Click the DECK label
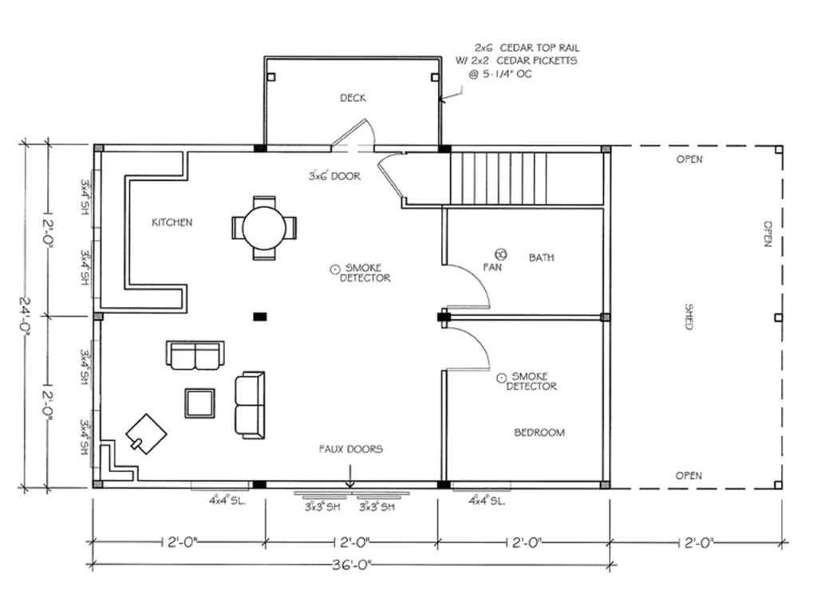pos(353,98)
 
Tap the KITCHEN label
pos(172,222)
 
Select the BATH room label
pos(541,257)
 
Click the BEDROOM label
pos(539,433)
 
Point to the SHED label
pos(687,316)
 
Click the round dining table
pos(264,228)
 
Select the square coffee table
pos(199,403)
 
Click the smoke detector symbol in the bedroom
pos(501,376)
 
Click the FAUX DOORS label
pos(351,449)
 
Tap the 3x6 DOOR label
pos(334,175)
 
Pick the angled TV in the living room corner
pos(146,434)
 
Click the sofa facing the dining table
pos(195,355)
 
